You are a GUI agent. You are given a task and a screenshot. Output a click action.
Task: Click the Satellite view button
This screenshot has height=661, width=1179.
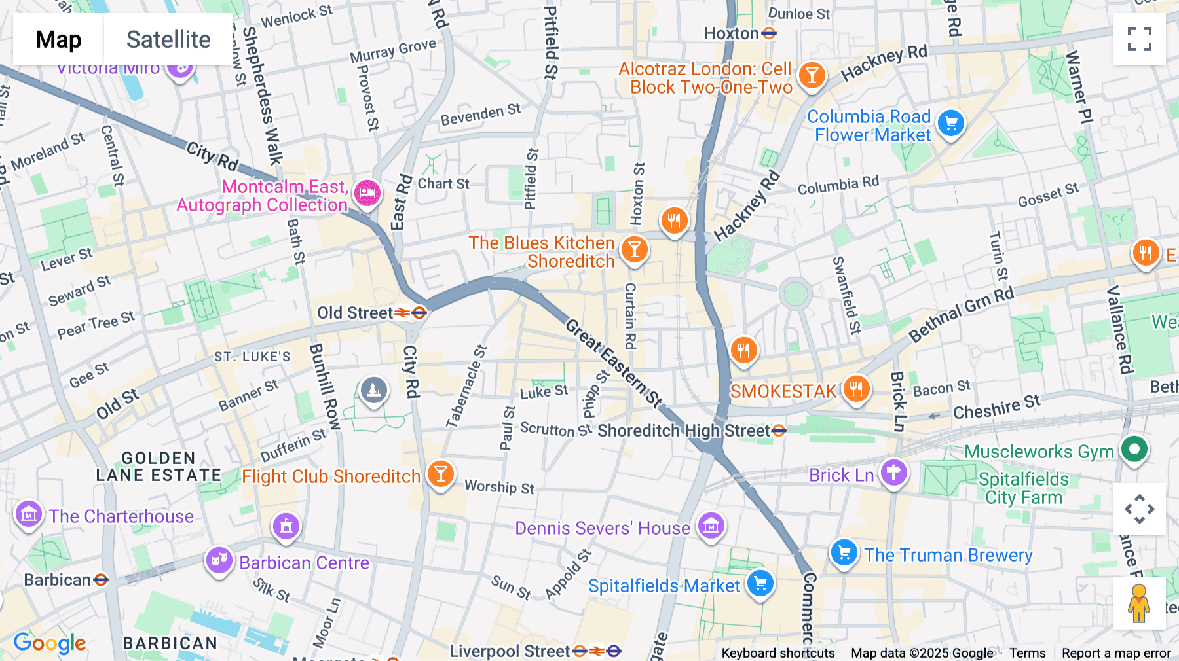point(168,39)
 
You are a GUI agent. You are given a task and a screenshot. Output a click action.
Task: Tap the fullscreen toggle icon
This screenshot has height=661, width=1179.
point(1139,39)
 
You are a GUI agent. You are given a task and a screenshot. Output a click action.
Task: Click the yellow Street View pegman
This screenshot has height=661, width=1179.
point(1139,603)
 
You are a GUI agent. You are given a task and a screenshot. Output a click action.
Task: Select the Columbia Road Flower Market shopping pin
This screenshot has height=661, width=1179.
point(951,123)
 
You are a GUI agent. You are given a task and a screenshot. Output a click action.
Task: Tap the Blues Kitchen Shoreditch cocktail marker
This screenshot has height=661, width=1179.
point(634,249)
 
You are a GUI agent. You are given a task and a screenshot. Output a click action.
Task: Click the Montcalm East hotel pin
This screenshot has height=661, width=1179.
point(367,193)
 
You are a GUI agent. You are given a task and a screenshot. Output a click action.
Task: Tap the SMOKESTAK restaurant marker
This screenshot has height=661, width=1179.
point(856,389)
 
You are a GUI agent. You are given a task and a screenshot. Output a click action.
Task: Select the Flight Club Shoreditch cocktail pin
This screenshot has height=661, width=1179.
point(440,473)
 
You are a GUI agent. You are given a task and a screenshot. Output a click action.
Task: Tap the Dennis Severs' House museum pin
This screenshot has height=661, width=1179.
point(711,526)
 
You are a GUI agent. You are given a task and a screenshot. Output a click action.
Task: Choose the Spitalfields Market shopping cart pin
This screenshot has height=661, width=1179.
point(760,582)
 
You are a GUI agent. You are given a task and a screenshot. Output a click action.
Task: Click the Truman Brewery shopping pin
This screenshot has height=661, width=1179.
point(844,553)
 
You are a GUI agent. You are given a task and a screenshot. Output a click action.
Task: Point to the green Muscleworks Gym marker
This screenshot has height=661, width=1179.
point(1134,450)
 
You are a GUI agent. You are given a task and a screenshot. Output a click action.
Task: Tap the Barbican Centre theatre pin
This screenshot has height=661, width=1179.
point(219,560)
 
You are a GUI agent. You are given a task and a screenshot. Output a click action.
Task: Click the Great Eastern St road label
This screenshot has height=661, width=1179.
point(614,363)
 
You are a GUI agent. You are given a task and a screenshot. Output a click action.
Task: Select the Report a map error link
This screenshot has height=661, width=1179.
point(1115,653)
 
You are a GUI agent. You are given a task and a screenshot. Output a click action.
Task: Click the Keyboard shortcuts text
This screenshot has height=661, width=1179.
point(777,653)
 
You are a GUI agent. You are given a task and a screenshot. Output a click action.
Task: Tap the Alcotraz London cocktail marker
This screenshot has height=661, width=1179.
point(812,75)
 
